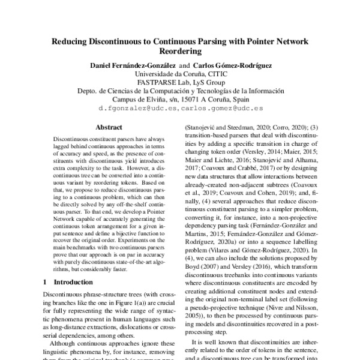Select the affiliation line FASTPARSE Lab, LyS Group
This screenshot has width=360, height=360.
pos(180,82)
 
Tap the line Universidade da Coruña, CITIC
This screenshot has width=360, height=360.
pos(180,74)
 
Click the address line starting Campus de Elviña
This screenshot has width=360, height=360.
pos(180,99)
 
